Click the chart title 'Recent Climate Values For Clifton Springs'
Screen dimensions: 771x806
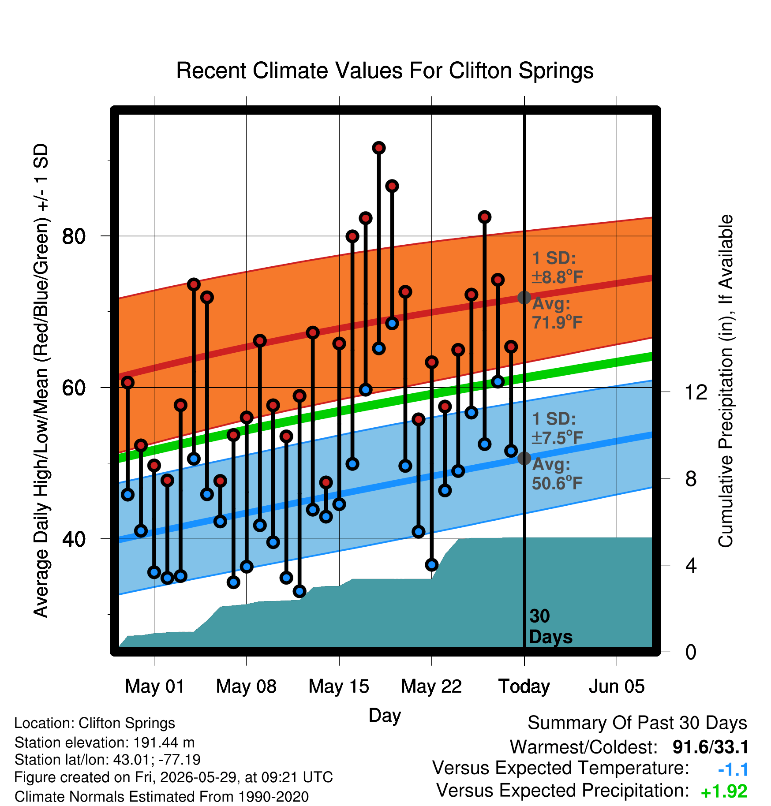pos(385,71)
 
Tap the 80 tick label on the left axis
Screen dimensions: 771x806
pos(74,236)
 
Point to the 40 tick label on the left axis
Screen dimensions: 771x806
pos(74,539)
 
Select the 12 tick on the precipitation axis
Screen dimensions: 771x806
pos(696,392)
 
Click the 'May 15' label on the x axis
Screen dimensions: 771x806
pos(339,686)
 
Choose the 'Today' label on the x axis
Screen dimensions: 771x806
pos(524,687)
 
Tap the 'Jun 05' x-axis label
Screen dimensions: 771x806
pos(617,686)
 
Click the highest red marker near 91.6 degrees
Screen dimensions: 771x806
pos(378,148)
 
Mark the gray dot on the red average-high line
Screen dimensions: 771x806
pos(524,298)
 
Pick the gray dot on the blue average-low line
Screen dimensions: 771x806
pos(524,458)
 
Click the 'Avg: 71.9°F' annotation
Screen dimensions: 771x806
pos(557,313)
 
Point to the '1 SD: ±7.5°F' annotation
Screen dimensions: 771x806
pos(557,428)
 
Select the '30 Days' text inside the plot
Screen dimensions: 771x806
pos(550,627)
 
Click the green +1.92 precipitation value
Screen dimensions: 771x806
pos(724,791)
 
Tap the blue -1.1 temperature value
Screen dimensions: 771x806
pos(733,769)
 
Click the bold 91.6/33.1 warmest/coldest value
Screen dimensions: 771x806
pos(711,747)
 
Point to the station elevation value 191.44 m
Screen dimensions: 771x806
pos(164,743)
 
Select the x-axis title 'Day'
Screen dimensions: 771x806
pos(385,716)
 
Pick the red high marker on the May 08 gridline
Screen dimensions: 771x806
pos(247,417)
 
